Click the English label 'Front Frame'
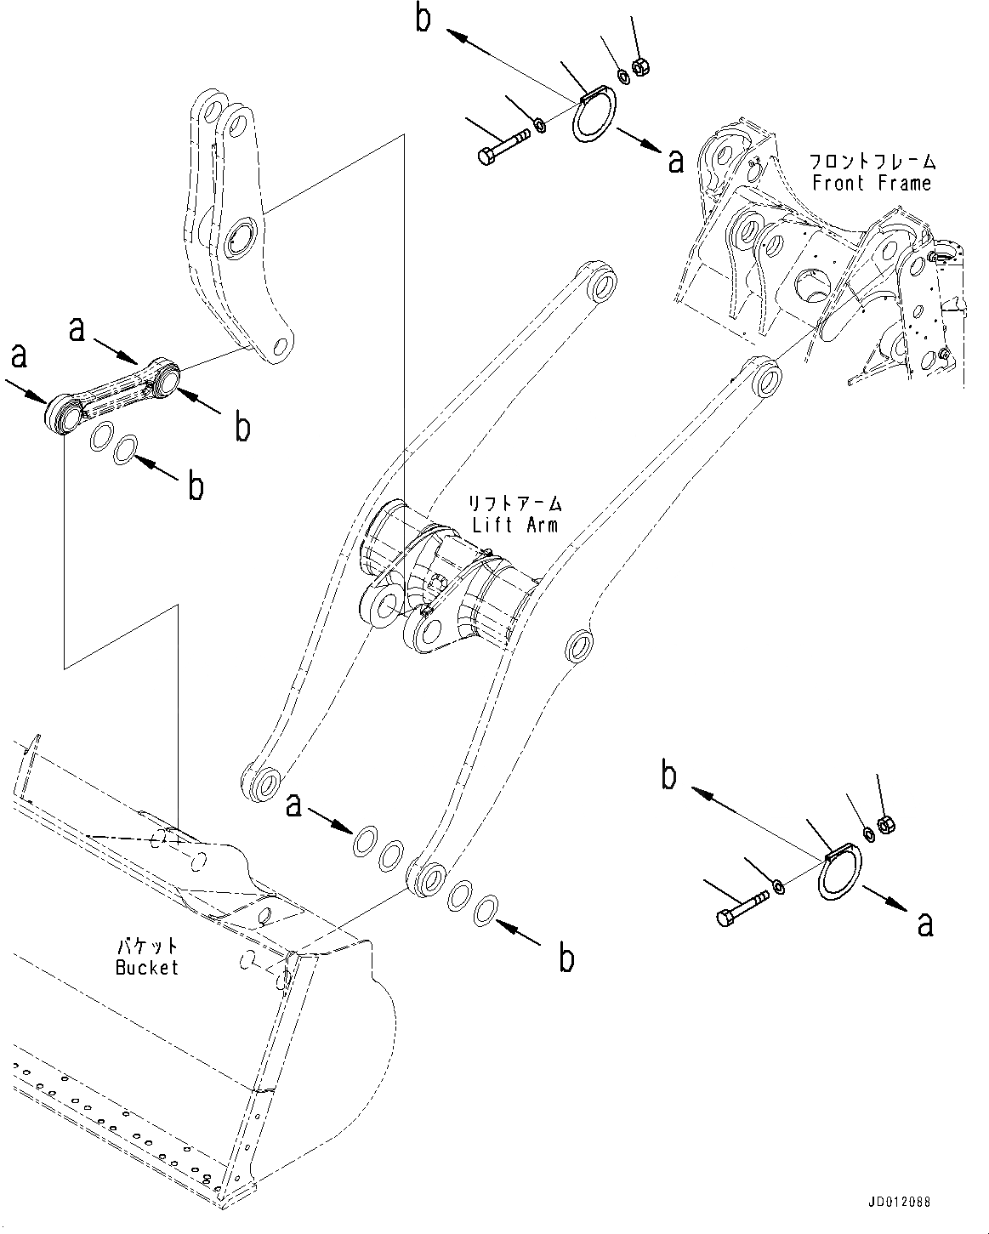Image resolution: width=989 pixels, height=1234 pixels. coord(872,182)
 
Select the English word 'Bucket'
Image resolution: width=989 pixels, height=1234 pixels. coord(147,967)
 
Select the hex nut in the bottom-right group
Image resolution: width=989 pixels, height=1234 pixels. coord(884,822)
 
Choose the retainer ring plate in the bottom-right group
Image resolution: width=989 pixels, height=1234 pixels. coord(839,871)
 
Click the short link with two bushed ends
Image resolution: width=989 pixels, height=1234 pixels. coord(115,392)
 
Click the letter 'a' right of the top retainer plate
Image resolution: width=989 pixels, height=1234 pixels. coord(675,160)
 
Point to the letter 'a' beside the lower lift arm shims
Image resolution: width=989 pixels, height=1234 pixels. coord(293,805)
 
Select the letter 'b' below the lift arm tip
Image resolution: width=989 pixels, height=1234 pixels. coord(566,958)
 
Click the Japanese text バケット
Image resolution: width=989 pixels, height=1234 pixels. coord(147,947)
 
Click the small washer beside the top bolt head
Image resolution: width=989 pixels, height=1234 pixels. coord(538,128)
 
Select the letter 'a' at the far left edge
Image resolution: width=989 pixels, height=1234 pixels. coord(19,355)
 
